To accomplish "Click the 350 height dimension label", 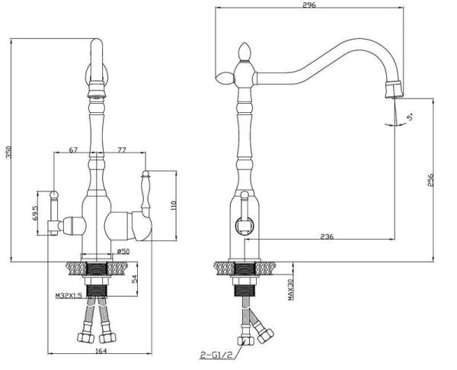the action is [x=9, y=152].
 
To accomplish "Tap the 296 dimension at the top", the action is [x=309, y=5].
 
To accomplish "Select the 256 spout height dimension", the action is [x=431, y=180].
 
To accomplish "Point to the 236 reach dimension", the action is [x=327, y=236].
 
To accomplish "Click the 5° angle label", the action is [x=410, y=117].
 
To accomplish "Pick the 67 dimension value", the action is [x=73, y=150].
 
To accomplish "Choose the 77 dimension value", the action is [x=122, y=150].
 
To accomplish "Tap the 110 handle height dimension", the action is [x=174, y=206].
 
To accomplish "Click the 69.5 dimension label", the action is [x=35, y=213].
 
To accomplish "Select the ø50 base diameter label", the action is [x=123, y=251].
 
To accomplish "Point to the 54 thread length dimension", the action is [x=135, y=279].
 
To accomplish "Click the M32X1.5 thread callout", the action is [x=71, y=295].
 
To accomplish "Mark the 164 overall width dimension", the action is [x=101, y=351].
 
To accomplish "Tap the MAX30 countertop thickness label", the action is [x=291, y=289].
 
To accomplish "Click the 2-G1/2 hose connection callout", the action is [x=216, y=355].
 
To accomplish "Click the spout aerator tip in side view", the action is [x=394, y=90].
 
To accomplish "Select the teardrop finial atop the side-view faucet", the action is [x=244, y=51].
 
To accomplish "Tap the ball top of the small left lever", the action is [x=54, y=195].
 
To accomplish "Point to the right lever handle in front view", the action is [x=145, y=190].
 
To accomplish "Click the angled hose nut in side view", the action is [x=266, y=336].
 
